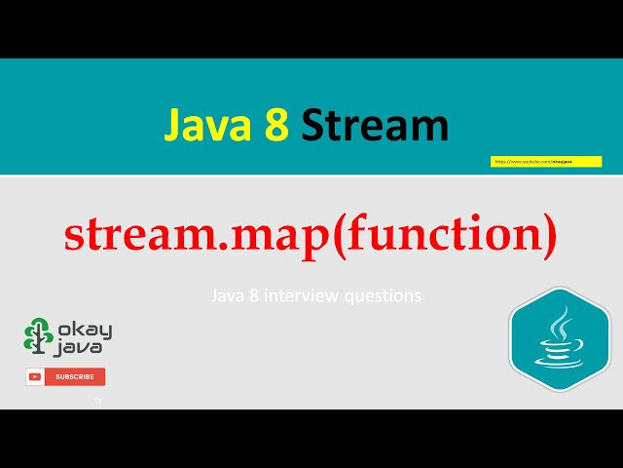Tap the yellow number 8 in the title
click(274, 126)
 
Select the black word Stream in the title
click(375, 126)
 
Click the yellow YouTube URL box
click(545, 161)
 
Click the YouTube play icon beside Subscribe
click(36, 376)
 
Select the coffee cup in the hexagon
click(558, 352)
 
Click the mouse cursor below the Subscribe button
click(97, 400)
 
